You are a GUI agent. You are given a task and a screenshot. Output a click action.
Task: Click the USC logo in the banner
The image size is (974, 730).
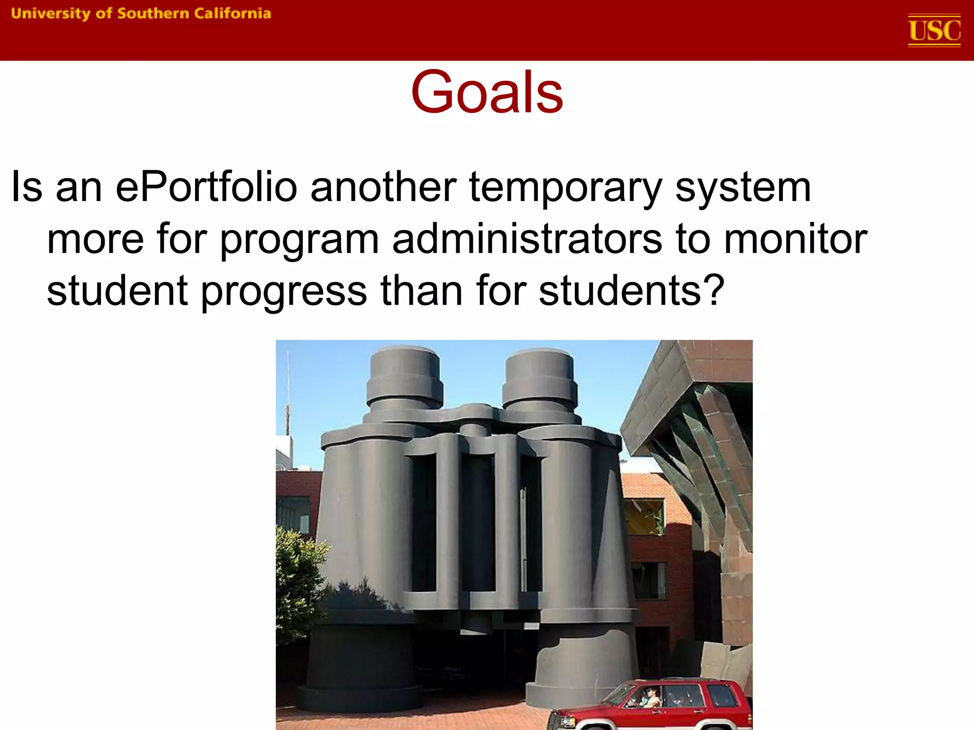[x=934, y=30]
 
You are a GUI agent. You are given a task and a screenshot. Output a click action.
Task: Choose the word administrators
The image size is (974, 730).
[x=527, y=239]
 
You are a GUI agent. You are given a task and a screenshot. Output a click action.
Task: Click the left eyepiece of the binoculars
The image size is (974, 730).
[x=404, y=375]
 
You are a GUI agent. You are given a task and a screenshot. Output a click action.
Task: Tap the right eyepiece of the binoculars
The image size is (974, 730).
[x=539, y=375]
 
